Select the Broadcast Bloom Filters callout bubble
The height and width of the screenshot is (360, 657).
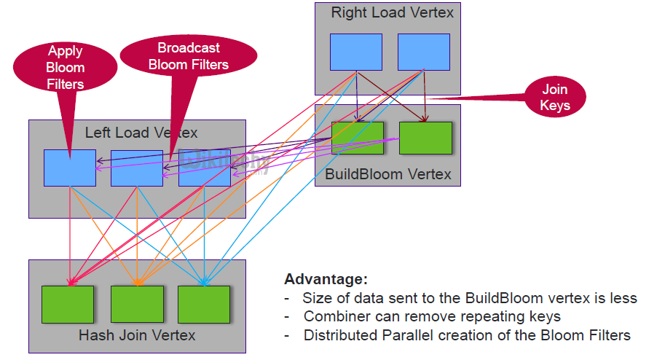189,56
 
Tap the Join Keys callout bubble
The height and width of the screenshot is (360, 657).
555,98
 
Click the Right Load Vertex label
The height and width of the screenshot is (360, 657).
392,12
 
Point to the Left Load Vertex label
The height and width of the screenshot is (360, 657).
141,133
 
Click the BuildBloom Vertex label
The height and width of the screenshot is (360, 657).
387,174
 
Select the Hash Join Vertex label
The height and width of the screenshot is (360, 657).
137,335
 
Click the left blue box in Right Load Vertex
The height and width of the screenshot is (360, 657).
356,52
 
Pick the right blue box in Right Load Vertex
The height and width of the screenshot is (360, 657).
423,52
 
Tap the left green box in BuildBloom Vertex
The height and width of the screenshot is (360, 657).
357,138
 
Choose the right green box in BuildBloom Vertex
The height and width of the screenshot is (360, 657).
425,138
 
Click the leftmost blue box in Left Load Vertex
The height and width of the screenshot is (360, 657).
69,168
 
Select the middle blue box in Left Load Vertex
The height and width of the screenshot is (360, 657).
136,168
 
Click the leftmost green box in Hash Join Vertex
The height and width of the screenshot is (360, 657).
68,305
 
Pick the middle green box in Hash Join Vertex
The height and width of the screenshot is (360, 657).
137,305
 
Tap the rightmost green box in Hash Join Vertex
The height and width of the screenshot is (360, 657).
204,305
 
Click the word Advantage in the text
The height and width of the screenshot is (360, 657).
326,280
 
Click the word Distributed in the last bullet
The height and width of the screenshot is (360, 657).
340,336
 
